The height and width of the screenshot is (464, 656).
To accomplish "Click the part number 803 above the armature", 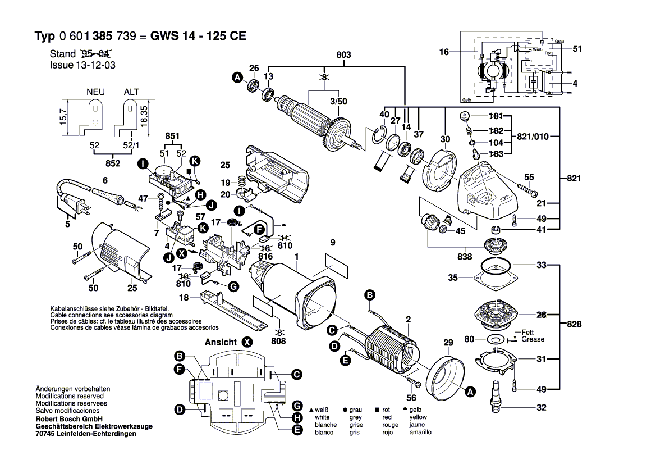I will pyautogui.click(x=343, y=54).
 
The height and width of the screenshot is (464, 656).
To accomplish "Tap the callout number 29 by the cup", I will pyautogui.click(x=448, y=343).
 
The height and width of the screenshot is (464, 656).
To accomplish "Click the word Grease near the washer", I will pyautogui.click(x=533, y=339).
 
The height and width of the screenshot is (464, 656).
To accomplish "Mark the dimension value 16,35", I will pyautogui.click(x=144, y=116).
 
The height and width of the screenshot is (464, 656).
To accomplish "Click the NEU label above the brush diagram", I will pyautogui.click(x=96, y=92).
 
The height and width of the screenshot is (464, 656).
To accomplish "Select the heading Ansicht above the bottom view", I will pyautogui.click(x=221, y=342).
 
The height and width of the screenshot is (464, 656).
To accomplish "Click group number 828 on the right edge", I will pyautogui.click(x=574, y=324).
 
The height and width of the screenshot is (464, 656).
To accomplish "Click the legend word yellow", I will pyautogui.click(x=418, y=417).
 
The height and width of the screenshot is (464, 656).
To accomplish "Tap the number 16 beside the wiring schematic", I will pyautogui.click(x=444, y=52).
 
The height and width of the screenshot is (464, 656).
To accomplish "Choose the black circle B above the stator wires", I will pyautogui.click(x=370, y=294).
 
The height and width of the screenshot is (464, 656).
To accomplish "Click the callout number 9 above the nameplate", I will pyautogui.click(x=333, y=243).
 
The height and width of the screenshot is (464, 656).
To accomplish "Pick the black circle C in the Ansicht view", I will pyautogui.click(x=297, y=374).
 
